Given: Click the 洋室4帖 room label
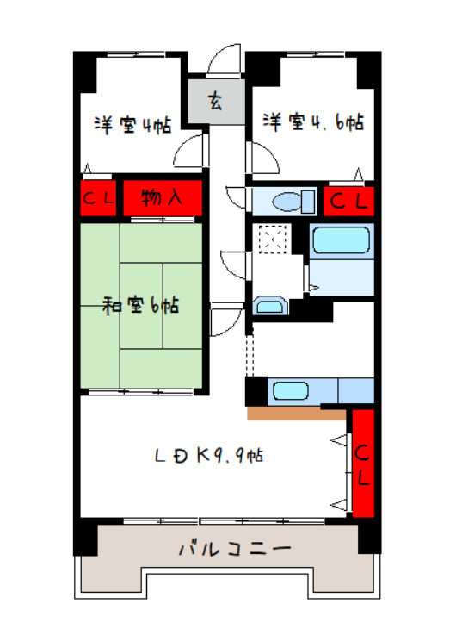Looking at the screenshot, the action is [x=132, y=125].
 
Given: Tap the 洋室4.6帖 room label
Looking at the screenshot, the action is [x=313, y=122].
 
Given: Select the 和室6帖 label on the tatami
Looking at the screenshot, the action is [x=140, y=306].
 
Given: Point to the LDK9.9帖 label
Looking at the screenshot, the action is [x=209, y=456].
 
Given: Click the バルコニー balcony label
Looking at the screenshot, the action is [x=234, y=549].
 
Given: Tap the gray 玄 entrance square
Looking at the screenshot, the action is [x=216, y=102].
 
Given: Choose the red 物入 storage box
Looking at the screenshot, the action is [x=163, y=198].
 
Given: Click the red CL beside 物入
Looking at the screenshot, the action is [x=99, y=198].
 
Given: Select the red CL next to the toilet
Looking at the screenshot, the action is [x=348, y=202].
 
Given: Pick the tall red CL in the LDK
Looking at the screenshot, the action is [x=363, y=464].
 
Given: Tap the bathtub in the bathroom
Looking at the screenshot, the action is [x=342, y=240].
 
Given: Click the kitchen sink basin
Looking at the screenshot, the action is [x=291, y=390].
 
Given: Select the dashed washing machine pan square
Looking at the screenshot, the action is [x=273, y=240].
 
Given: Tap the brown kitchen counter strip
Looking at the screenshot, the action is [x=297, y=414].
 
